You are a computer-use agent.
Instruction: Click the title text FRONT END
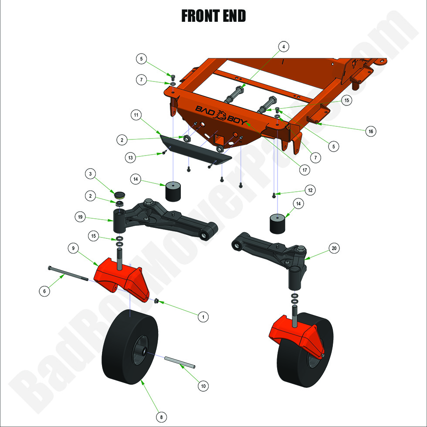[x=213, y=16]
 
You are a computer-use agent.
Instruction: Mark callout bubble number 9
[x=73, y=248]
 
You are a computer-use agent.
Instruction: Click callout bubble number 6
[x=44, y=291]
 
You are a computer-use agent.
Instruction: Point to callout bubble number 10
[x=203, y=385]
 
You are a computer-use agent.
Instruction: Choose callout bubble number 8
[x=161, y=417]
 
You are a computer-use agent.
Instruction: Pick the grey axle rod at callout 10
[x=179, y=362]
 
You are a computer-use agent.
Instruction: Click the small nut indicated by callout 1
[x=156, y=300]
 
